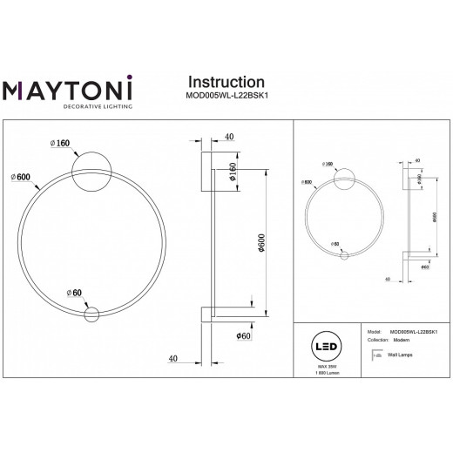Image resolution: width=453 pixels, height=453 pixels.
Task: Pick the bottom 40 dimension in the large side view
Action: pos(174,358)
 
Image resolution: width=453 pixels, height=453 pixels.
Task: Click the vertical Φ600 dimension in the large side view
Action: pos(249,247)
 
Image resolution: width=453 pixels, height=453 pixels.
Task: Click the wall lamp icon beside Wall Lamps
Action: pos(368,356)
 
